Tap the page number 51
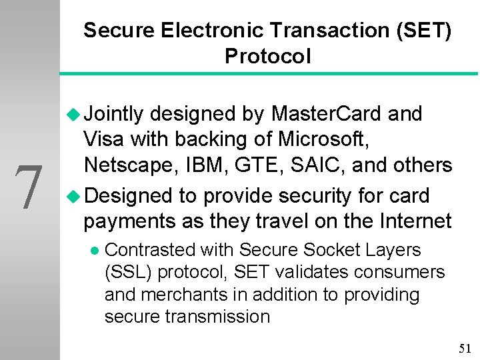465,348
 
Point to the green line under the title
267,73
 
